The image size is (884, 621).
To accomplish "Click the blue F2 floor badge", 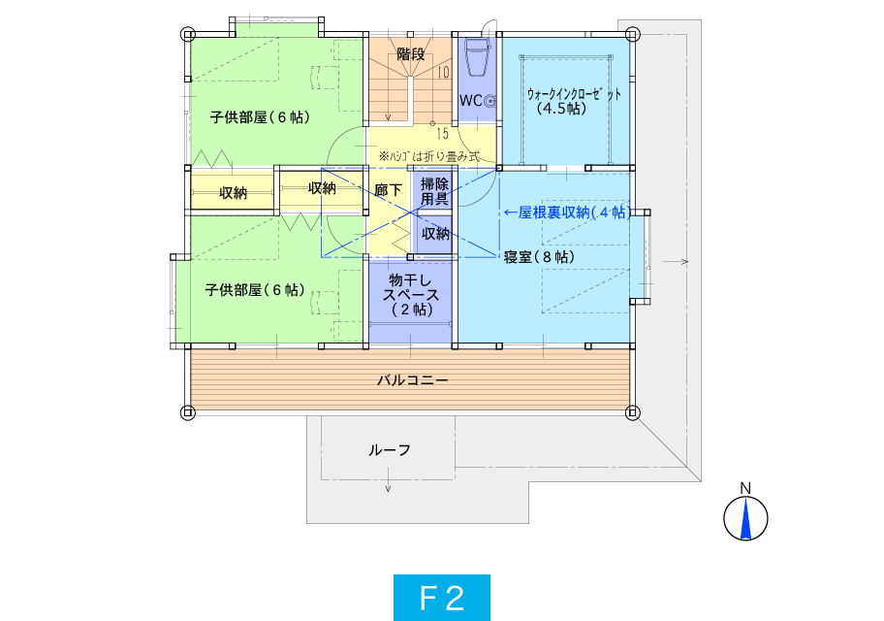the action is pyautogui.click(x=441, y=598).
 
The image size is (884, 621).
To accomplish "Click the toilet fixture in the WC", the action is pyautogui.click(x=477, y=56).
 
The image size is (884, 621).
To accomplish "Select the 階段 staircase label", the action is pyautogui.click(x=410, y=54).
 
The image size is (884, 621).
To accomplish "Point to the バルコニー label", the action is pyautogui.click(x=413, y=380).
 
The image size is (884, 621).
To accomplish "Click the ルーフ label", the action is pyautogui.click(x=390, y=450).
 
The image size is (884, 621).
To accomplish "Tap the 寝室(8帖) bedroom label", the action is pyautogui.click(x=540, y=257).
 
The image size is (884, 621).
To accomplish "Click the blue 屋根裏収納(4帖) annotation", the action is pyautogui.click(x=568, y=212).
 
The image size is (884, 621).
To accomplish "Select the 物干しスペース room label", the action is pyautogui.click(x=411, y=295).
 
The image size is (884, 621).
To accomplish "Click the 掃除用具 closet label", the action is pyautogui.click(x=434, y=191).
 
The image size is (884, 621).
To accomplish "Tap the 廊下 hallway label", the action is pyautogui.click(x=388, y=189).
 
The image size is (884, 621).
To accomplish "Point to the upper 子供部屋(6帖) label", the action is pyautogui.click(x=261, y=116).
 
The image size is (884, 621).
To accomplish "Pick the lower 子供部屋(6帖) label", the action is pyautogui.click(x=255, y=289).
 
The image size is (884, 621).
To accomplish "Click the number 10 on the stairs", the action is pyautogui.click(x=444, y=72).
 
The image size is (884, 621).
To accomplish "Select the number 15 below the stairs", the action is pyautogui.click(x=443, y=133).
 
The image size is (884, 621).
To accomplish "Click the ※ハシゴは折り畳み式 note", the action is pyautogui.click(x=429, y=156).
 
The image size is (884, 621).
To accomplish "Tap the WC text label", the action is pyautogui.click(x=471, y=101).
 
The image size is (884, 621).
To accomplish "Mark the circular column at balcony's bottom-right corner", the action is pyautogui.click(x=633, y=412).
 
